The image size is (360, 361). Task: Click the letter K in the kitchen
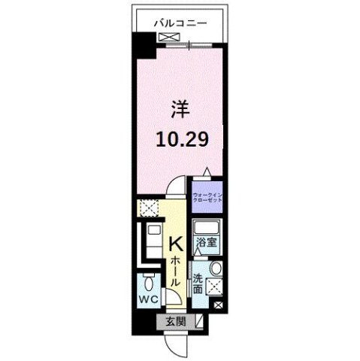click(x=174, y=245)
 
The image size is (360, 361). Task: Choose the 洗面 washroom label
click(x=197, y=284)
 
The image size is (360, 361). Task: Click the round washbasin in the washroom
click(x=216, y=269)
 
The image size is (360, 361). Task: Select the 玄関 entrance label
click(x=174, y=321)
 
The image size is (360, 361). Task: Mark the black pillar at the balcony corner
click(x=142, y=47)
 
